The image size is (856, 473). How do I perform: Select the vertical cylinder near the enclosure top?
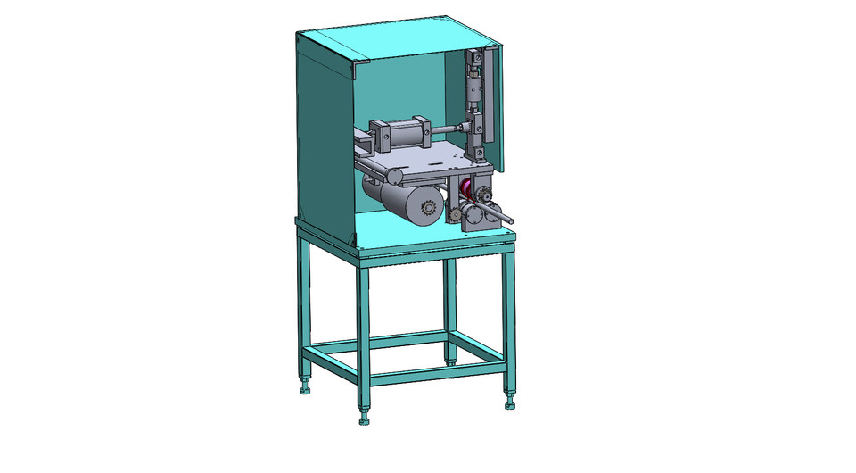(x=473, y=89)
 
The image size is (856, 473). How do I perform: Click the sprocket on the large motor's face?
(x=427, y=211)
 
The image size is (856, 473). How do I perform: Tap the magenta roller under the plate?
(x=466, y=190)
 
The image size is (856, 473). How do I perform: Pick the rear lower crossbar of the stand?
(x=380, y=340)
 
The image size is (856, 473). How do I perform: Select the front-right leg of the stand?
(x=510, y=321)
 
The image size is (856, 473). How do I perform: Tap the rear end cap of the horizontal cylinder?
(x=375, y=137)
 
